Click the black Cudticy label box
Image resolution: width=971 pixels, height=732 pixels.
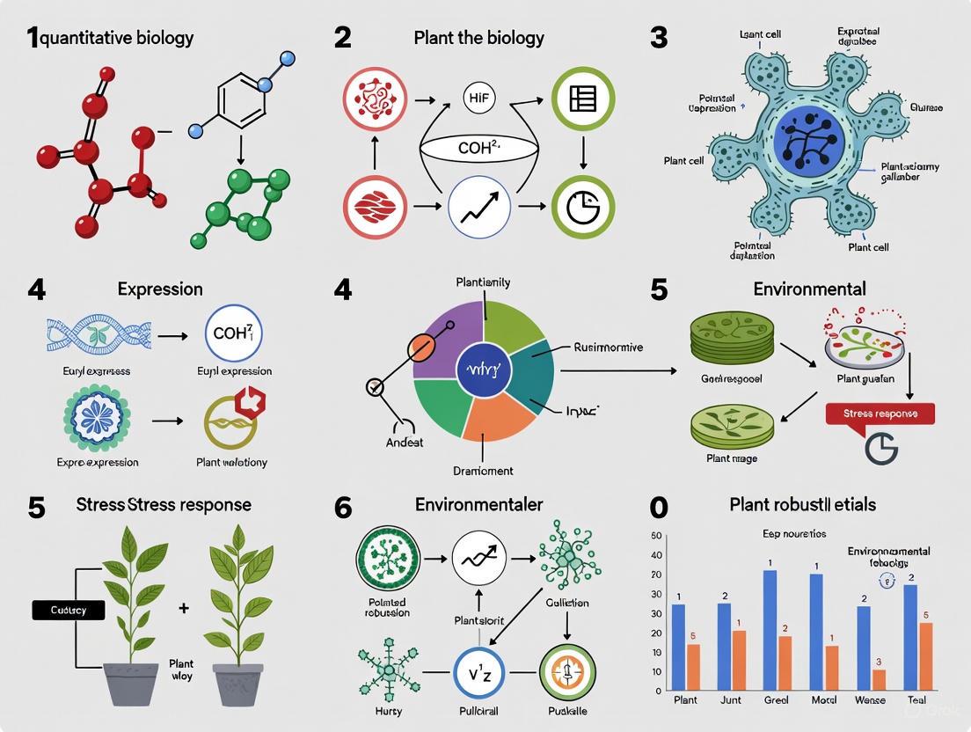(x=68, y=609)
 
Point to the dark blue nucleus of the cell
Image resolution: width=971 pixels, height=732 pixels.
(x=809, y=143)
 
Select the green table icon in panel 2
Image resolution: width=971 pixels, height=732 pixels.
(x=582, y=99)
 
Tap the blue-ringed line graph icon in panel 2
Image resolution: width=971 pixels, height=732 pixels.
(x=479, y=208)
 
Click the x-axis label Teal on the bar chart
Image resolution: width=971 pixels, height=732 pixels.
(x=916, y=700)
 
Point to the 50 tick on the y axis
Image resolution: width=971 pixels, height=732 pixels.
(x=656, y=536)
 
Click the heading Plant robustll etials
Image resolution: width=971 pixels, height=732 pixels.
(x=802, y=504)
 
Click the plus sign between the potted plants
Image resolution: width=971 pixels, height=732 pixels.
(x=183, y=608)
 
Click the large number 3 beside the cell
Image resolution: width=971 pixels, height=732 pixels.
(x=659, y=37)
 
